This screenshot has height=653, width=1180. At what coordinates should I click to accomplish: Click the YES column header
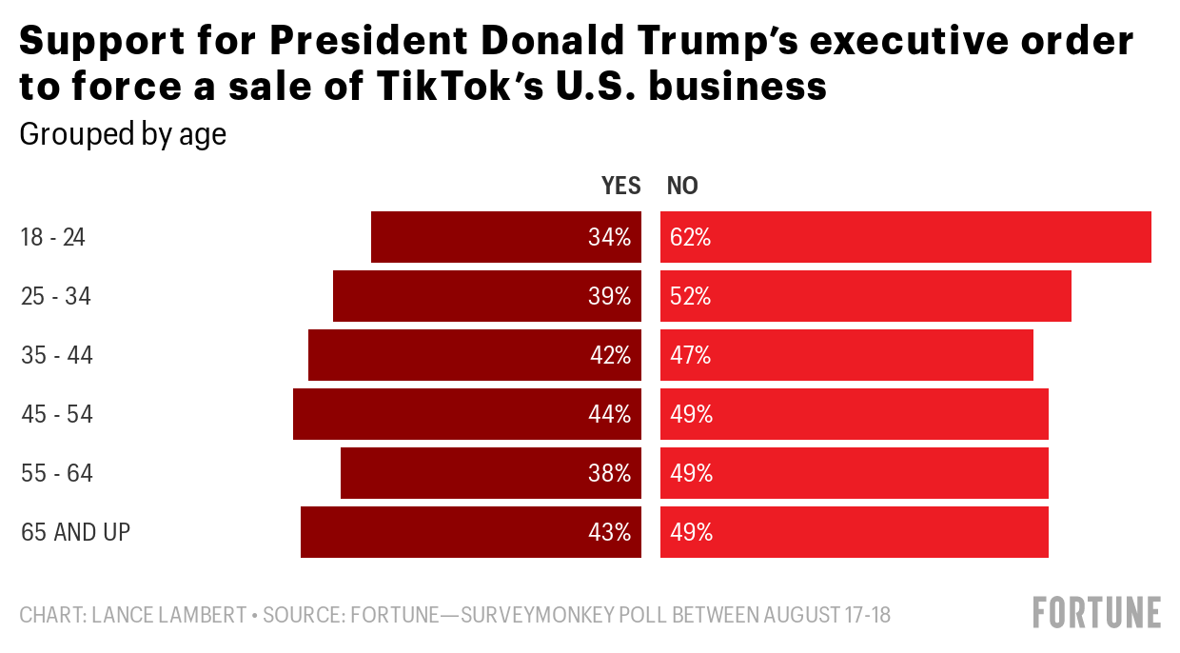(x=620, y=186)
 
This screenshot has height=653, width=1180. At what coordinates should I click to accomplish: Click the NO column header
(x=682, y=186)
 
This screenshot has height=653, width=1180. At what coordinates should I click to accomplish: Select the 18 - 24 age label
(x=53, y=237)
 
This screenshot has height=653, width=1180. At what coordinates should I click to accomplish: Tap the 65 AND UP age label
(x=75, y=532)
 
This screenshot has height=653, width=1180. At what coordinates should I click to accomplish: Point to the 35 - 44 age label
(x=57, y=355)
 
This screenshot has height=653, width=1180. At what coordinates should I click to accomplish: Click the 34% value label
(x=610, y=237)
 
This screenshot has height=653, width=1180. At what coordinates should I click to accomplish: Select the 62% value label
(x=691, y=237)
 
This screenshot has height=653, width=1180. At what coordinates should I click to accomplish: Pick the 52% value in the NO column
(x=691, y=296)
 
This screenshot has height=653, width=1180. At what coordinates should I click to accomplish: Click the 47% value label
(x=691, y=355)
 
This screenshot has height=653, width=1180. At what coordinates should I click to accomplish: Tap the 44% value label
(x=610, y=414)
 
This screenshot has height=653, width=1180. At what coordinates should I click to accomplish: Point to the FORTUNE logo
(x=1097, y=612)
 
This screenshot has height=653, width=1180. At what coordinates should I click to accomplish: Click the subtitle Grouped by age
(x=123, y=134)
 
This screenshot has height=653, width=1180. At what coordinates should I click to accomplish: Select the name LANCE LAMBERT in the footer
(x=169, y=615)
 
